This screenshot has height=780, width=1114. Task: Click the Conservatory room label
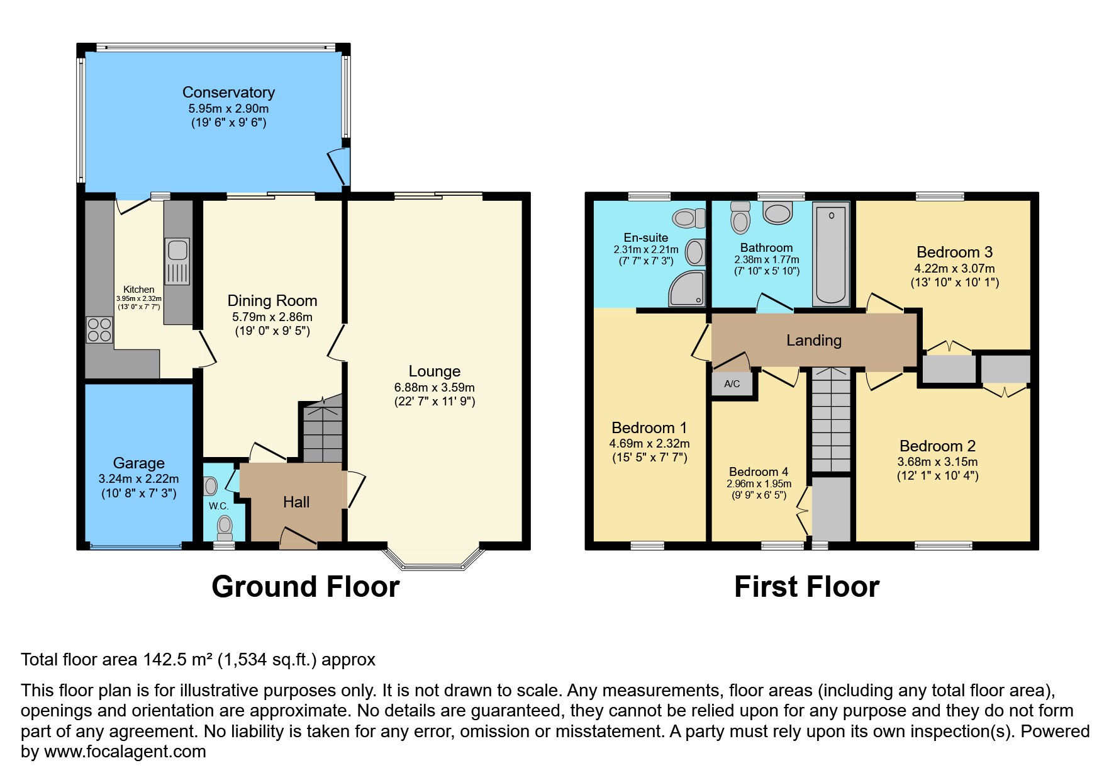pyautogui.click(x=228, y=93)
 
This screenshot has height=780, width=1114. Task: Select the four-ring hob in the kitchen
pyautogui.click(x=99, y=330)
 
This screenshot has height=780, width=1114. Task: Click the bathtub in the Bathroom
pyautogui.click(x=831, y=253)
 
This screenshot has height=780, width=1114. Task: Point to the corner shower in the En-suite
pyautogui.click(x=687, y=289)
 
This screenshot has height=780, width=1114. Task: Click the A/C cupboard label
pyautogui.click(x=732, y=384)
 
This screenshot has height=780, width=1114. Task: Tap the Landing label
pyautogui.click(x=813, y=341)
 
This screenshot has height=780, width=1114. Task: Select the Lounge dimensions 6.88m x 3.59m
pyautogui.click(x=434, y=388)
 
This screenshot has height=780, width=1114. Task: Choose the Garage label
pyautogui.click(x=138, y=463)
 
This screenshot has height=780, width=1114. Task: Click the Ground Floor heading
pyautogui.click(x=305, y=587)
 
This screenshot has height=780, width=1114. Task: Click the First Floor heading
pyautogui.click(x=806, y=587)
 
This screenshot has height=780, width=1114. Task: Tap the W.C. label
pyautogui.click(x=218, y=506)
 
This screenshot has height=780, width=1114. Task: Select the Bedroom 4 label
pyautogui.click(x=758, y=472)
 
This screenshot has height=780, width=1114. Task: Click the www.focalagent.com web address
pyautogui.click(x=125, y=752)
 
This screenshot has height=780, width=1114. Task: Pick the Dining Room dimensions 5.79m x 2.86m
pyautogui.click(x=272, y=317)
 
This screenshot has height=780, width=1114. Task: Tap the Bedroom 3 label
pyautogui.click(x=954, y=252)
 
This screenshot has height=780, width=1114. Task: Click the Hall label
pyautogui.click(x=296, y=502)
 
